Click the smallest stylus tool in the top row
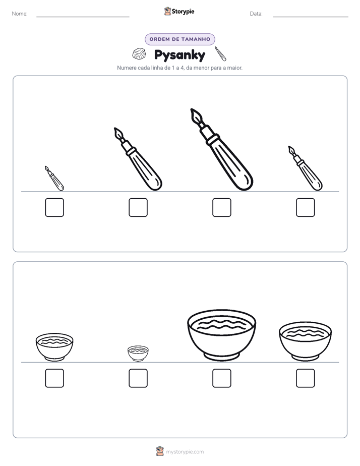click(x=54, y=179)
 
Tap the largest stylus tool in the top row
click(x=221, y=149)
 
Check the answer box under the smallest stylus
click(x=54, y=207)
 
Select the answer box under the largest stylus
click(x=222, y=207)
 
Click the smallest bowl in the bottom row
click(x=138, y=354)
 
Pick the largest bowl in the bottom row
click(x=221, y=335)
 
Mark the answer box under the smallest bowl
click(x=138, y=378)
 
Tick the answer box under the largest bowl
click(x=222, y=378)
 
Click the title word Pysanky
click(x=179, y=55)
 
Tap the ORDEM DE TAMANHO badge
click(x=180, y=39)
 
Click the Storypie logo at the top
click(x=179, y=11)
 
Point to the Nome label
click(x=20, y=14)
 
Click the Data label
click(x=256, y=14)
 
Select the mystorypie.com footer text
click(x=185, y=452)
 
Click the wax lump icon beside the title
click(x=139, y=54)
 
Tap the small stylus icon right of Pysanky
click(x=220, y=53)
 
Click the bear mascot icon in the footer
click(x=160, y=451)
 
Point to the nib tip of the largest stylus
click(x=192, y=109)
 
